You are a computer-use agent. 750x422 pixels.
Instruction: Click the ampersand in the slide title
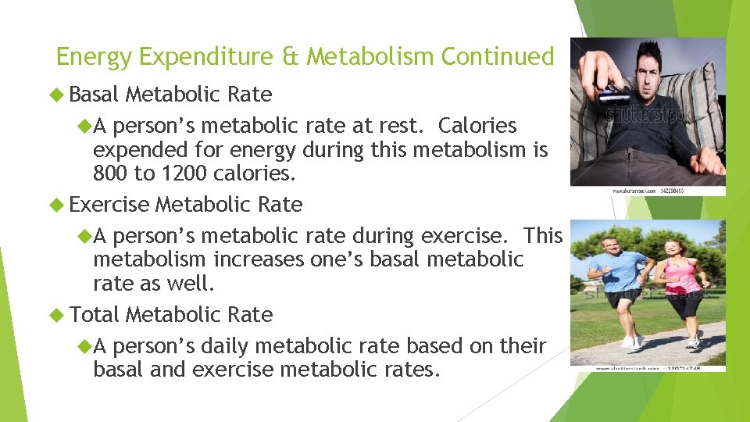point(293,57)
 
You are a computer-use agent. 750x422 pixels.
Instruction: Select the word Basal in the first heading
point(94,95)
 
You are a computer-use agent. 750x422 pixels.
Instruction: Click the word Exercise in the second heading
point(109,205)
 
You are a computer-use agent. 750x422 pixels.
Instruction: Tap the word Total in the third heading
point(94,315)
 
